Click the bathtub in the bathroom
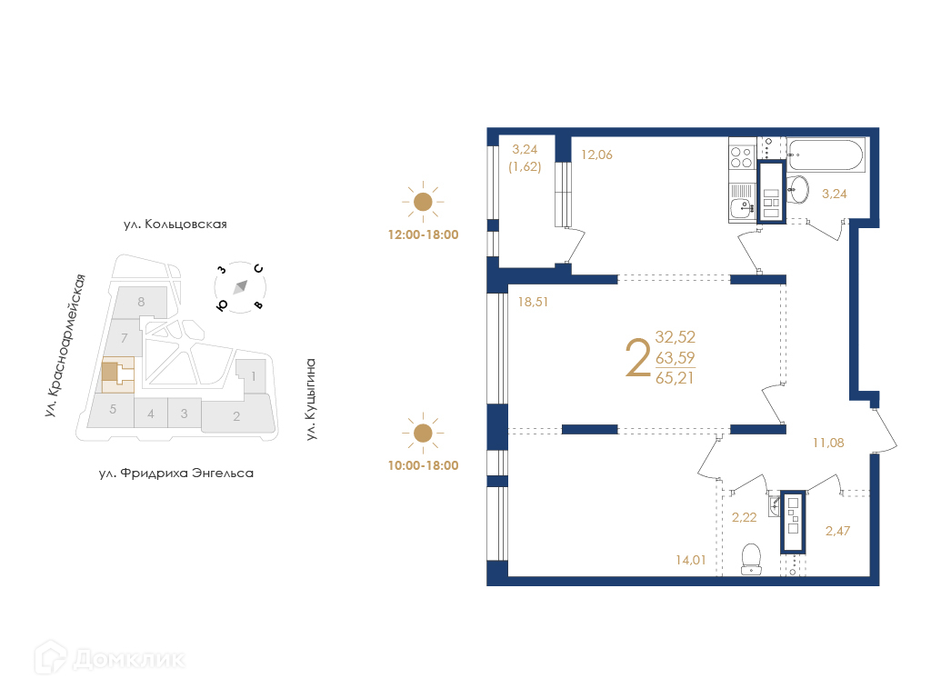point(826,155)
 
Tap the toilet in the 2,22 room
point(751,559)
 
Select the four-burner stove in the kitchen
point(741,157)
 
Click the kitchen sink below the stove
point(742,208)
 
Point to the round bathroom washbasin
point(797,189)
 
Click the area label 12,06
point(596,155)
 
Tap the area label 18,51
point(533,302)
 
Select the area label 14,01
point(691,560)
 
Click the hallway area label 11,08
point(828,443)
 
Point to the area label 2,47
point(837,531)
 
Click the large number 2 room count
point(638,358)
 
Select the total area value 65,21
point(675,378)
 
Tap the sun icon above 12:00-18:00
point(423,202)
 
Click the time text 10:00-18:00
point(424,466)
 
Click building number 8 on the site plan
point(141,302)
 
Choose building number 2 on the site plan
point(236,416)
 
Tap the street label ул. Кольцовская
point(175,224)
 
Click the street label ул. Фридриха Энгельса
point(175,474)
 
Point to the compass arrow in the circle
point(240,287)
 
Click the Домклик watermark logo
point(109,658)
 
